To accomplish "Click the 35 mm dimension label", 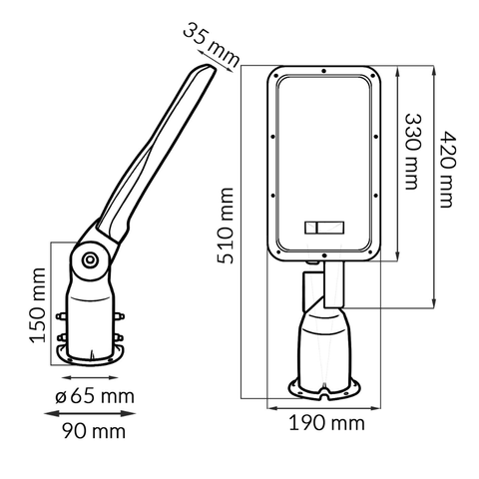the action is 212,45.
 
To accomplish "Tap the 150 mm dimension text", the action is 37,305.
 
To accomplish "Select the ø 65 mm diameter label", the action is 95,395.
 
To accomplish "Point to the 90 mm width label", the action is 94,431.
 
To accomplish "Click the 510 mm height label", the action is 226,226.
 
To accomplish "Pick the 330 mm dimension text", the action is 413,152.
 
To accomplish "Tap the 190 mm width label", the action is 326,423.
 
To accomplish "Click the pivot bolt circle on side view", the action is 89,259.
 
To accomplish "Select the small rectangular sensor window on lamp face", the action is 324,228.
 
